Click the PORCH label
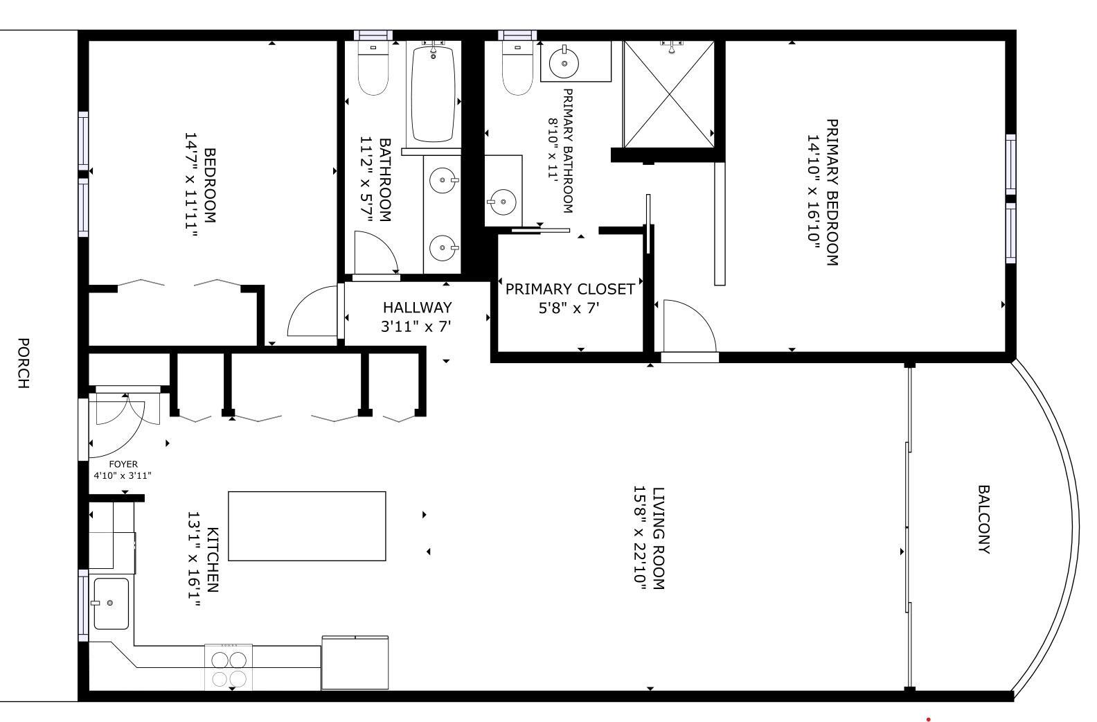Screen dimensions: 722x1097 23,363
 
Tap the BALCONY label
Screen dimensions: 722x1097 983,520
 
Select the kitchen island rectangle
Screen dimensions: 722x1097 307,526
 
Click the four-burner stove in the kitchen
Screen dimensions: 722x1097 229,667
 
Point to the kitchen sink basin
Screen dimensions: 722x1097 111,604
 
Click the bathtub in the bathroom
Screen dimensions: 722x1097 433,94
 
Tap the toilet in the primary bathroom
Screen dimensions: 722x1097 517,69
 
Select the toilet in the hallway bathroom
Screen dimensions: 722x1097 373,69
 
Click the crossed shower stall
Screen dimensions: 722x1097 668,94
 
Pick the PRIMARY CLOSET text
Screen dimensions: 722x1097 569,289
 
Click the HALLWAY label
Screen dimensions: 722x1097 417,307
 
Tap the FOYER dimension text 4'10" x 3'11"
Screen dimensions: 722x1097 123,475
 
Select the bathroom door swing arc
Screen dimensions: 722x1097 374,253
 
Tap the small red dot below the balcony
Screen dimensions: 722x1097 928,719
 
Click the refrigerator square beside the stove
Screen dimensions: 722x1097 355,663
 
